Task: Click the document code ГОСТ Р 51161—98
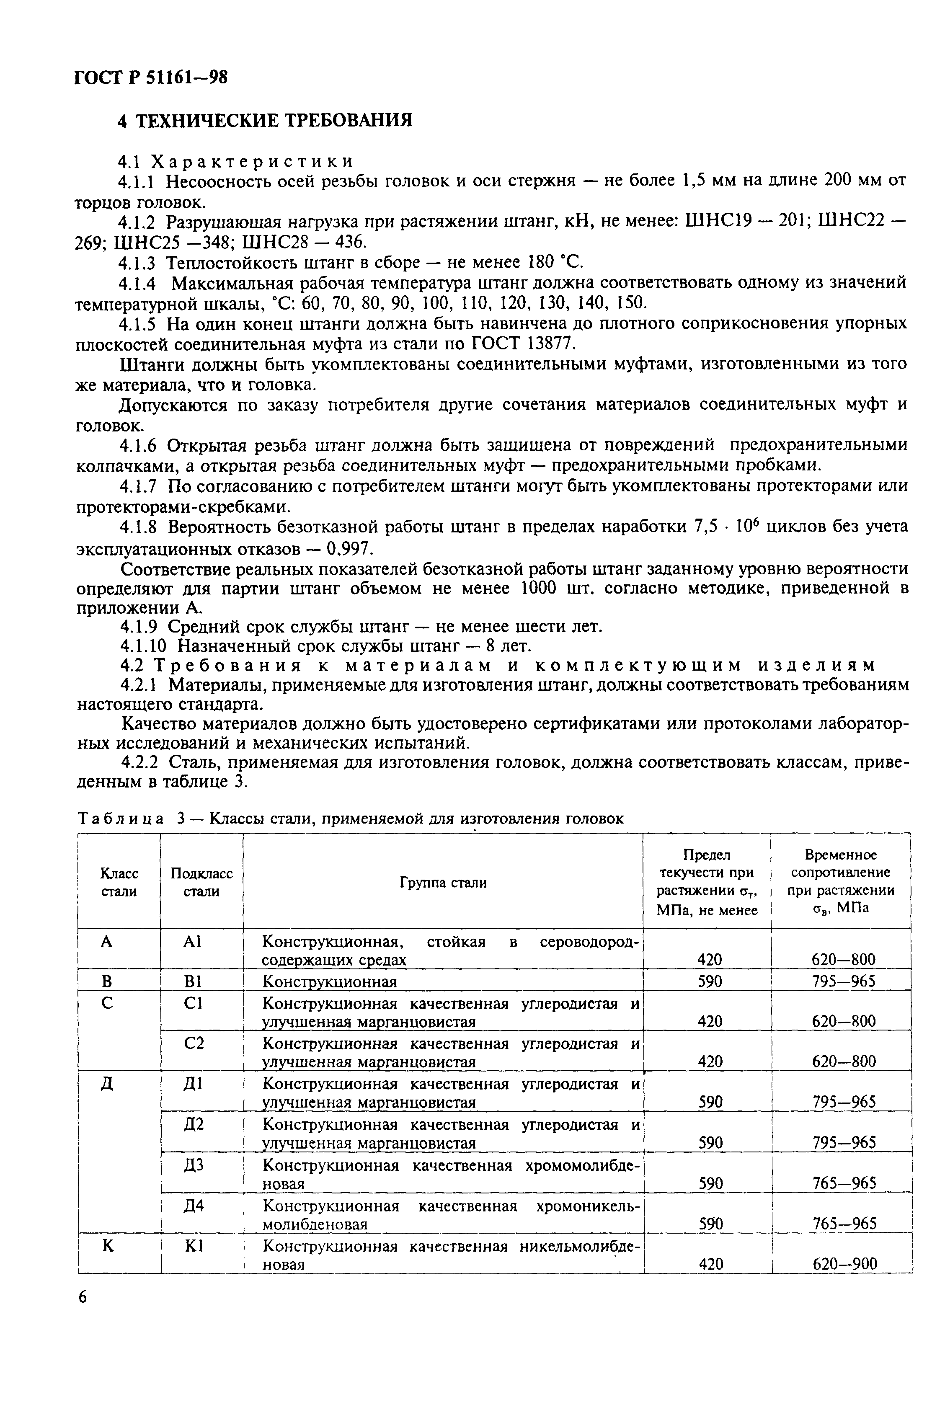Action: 151,77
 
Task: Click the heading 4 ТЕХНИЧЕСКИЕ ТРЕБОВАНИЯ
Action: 265,121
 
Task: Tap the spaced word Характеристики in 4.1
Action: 252,161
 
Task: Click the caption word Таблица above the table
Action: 121,818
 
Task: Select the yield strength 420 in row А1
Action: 709,959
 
